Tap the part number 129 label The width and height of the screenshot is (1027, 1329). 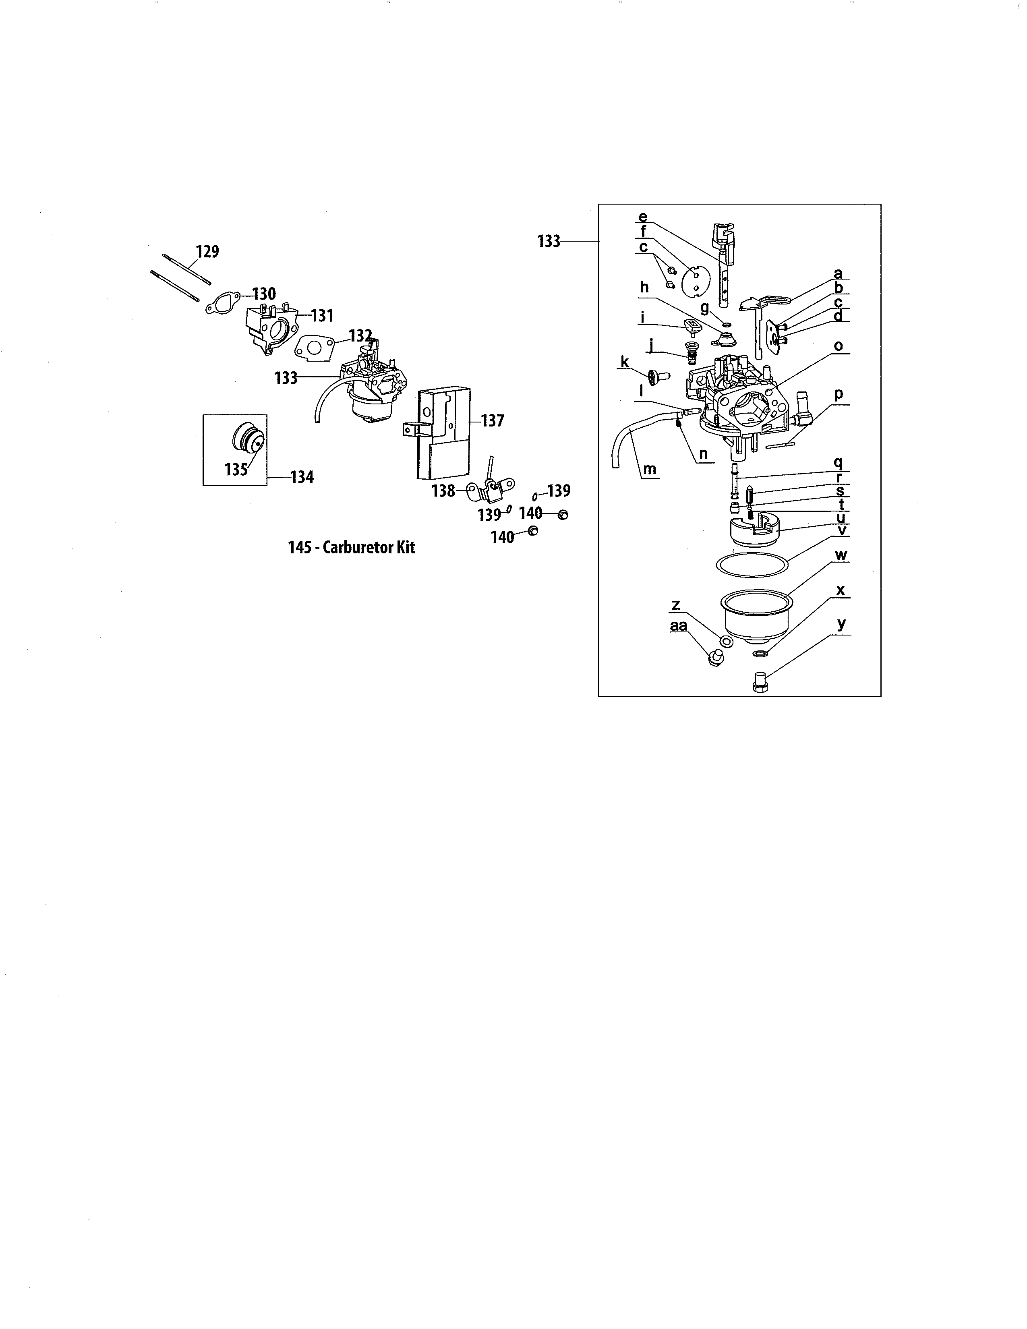(x=207, y=251)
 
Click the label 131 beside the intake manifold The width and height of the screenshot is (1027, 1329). (x=323, y=315)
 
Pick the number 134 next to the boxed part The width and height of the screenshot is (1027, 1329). (x=302, y=477)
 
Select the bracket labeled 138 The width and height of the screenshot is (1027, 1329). (x=491, y=483)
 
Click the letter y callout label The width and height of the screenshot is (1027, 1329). (x=841, y=624)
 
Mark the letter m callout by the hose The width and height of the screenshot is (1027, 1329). (x=649, y=469)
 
